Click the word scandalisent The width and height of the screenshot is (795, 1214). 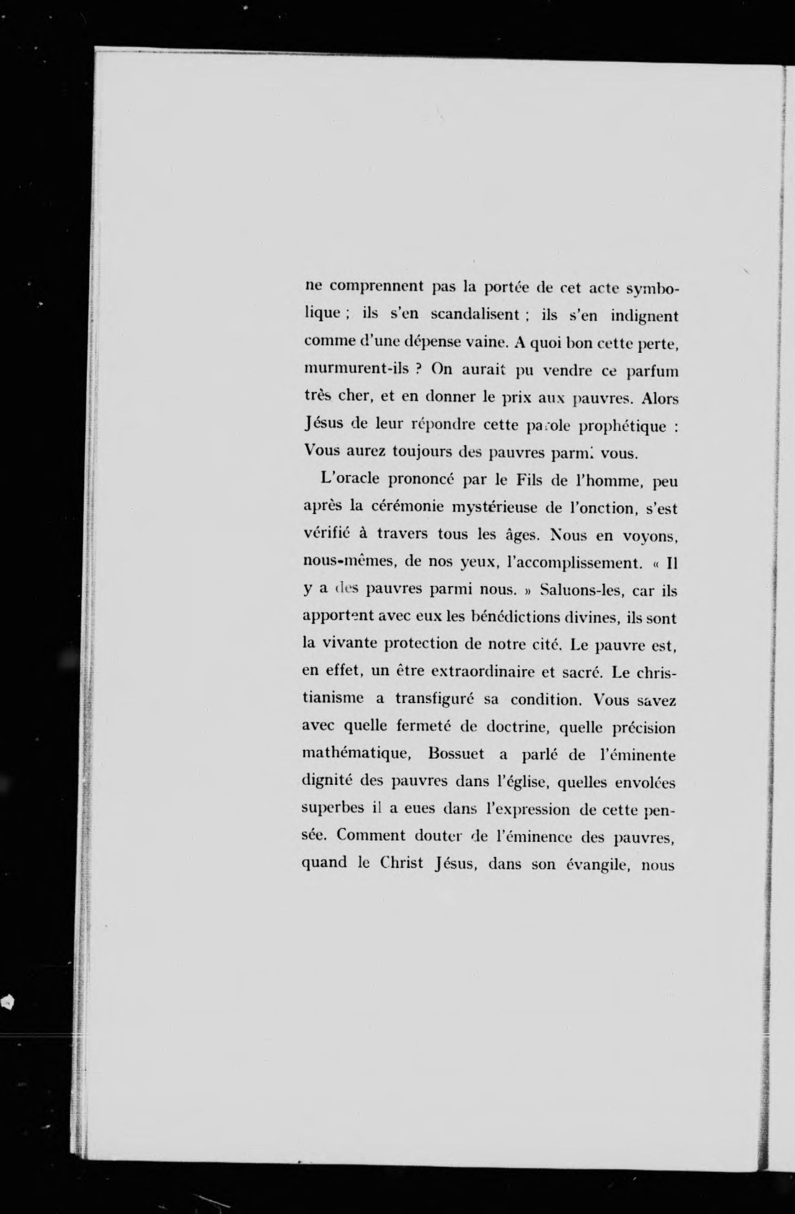pyautogui.click(x=474, y=314)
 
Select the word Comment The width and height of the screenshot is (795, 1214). pyautogui.click(x=371, y=835)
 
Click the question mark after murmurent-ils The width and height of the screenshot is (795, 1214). pyautogui.click(x=419, y=369)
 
